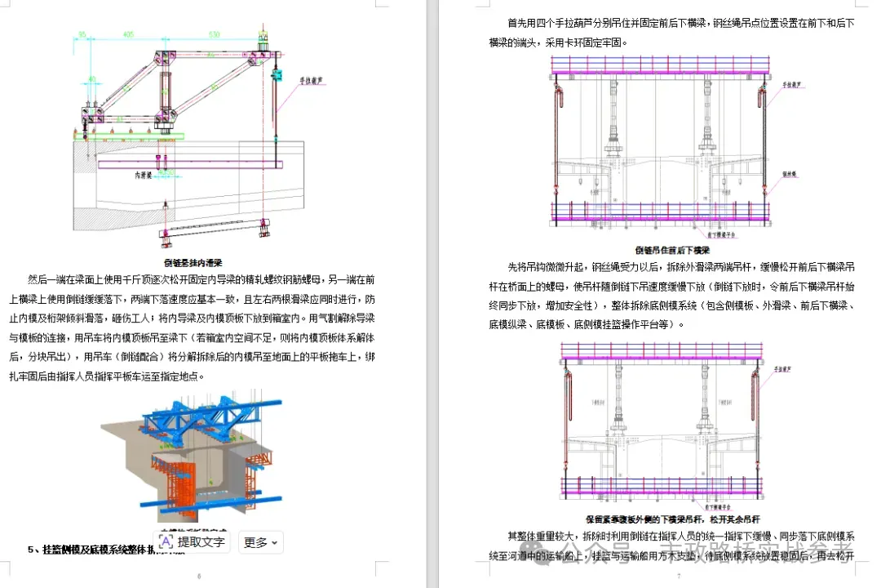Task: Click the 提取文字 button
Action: coord(192,541)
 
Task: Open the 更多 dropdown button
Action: coord(260,542)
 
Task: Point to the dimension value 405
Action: coord(129,34)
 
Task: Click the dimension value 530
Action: coord(214,34)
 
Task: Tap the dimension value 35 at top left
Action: coord(82,34)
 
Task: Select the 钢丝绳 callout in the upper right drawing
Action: coord(790,173)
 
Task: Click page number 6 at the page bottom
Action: coord(199,577)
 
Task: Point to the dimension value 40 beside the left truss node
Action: coord(92,80)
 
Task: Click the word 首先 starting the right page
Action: coord(518,24)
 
